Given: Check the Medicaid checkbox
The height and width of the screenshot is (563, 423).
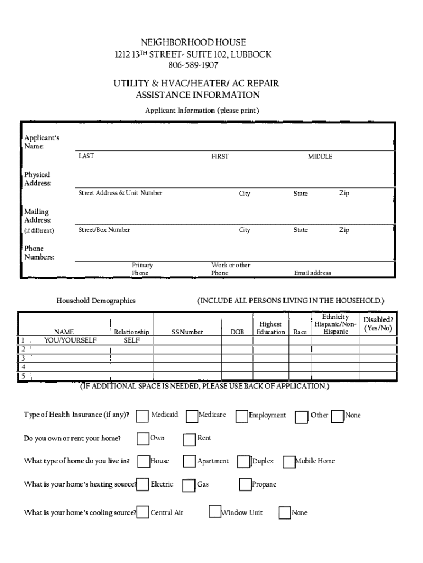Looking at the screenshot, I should (143, 416).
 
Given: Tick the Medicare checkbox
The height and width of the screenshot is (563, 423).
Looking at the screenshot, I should (192, 416).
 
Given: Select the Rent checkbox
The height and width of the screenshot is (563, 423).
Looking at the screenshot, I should (190, 439).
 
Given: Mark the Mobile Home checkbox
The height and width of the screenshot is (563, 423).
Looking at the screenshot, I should (289, 462).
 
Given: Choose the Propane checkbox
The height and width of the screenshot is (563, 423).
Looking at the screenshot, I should (245, 485).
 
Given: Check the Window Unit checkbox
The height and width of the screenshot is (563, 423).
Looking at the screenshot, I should (215, 512).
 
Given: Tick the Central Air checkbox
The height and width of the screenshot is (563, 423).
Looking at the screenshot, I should (143, 513).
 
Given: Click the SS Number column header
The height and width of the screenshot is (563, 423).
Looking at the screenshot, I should (187, 332).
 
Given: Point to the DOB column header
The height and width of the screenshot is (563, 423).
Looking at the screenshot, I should (237, 332).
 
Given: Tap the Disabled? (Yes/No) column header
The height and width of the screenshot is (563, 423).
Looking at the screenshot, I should (378, 324).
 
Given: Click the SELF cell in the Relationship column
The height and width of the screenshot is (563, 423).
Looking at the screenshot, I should (131, 340).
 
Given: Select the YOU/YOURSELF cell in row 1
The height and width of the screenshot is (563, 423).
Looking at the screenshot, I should (70, 340).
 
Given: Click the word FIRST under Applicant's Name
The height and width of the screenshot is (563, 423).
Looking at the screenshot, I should (220, 157).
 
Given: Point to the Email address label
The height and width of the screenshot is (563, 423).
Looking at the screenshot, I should (313, 273).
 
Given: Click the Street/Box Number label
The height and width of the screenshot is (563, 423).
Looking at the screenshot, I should (104, 230).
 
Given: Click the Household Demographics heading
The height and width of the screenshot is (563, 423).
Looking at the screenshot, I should (96, 301).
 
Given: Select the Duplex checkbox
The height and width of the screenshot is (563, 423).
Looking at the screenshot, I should (244, 462).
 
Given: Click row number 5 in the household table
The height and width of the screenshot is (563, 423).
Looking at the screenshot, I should (23, 376).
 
